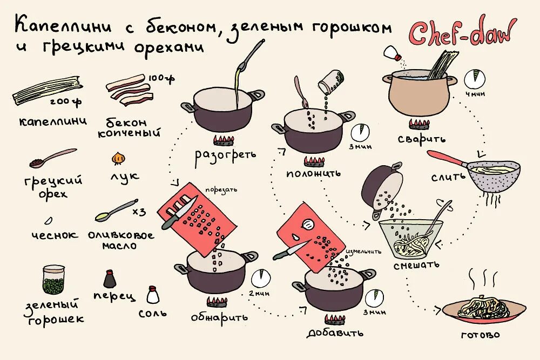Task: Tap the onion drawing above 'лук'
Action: point(118,158)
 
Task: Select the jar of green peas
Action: point(53,280)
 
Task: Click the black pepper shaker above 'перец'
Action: point(110,279)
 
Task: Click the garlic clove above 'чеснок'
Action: point(48,220)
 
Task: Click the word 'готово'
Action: point(480,335)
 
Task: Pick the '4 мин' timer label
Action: point(474,93)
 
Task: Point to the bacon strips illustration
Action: point(127,90)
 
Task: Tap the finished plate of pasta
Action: point(483,309)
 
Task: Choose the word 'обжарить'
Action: point(219,317)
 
